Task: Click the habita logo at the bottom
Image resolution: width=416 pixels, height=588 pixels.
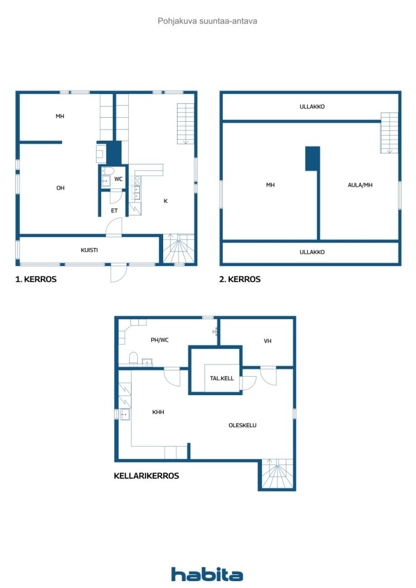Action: click(207, 574)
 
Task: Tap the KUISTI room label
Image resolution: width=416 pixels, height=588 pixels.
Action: click(89, 250)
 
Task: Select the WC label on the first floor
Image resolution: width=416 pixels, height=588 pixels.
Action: click(118, 179)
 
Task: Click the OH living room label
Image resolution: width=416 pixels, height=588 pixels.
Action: click(60, 188)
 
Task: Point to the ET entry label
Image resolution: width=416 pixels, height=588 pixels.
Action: click(114, 211)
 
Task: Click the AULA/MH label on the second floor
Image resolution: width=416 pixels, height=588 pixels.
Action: click(360, 185)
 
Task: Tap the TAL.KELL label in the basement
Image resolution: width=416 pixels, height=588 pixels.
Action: click(222, 378)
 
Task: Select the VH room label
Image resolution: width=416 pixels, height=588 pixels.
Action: click(267, 341)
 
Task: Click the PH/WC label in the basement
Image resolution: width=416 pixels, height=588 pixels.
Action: click(159, 340)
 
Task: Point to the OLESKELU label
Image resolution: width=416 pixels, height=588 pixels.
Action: click(242, 425)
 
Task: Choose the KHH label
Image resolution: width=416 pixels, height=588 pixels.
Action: click(158, 412)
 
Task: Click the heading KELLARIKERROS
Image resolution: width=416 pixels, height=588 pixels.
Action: click(147, 476)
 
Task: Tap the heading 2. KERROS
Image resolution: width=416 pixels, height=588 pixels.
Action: click(240, 279)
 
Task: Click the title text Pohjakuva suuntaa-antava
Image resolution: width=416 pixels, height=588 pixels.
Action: click(207, 21)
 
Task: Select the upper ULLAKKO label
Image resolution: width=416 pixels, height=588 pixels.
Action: click(312, 106)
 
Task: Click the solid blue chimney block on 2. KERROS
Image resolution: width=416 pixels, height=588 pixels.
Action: click(313, 158)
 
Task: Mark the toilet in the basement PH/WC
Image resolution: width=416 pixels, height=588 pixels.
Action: click(133, 358)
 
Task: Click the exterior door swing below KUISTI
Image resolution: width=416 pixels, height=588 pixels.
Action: click(118, 273)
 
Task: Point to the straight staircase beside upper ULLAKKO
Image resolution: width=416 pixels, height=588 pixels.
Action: click(390, 133)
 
